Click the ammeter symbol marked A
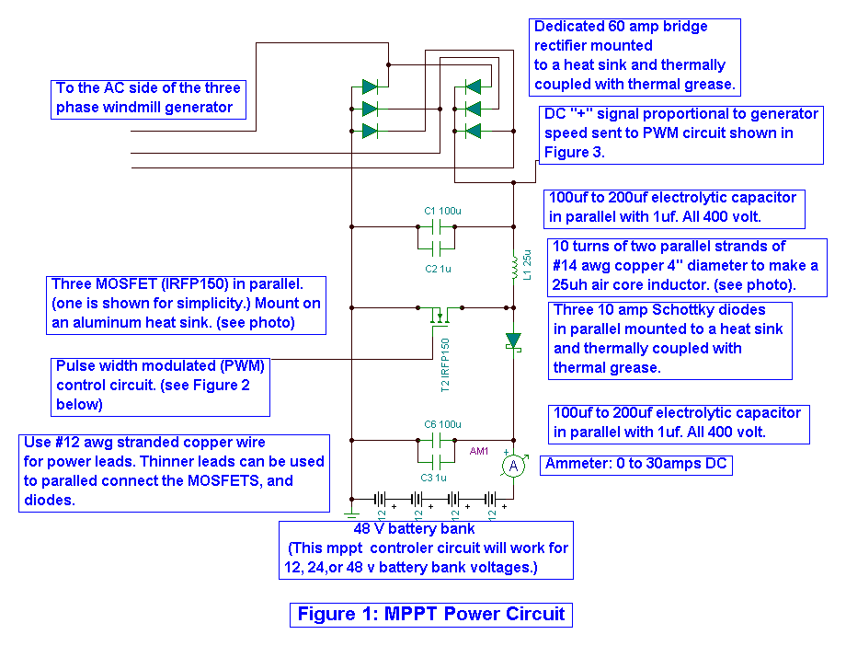(x=515, y=467)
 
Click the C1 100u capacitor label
(x=442, y=212)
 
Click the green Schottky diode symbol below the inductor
(x=513, y=340)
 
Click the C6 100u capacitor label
(x=442, y=423)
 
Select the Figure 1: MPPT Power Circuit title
(x=430, y=614)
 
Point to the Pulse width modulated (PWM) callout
(x=160, y=385)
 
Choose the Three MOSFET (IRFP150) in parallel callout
(x=189, y=304)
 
